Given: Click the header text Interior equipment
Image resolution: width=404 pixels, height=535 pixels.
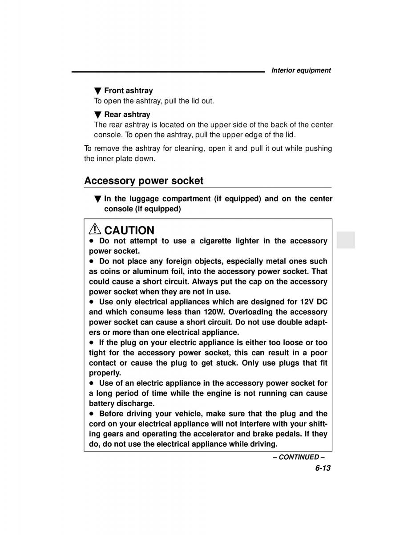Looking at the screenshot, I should pyautogui.click(x=301, y=70).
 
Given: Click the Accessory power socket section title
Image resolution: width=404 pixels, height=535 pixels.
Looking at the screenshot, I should pyautogui.click(x=144, y=181).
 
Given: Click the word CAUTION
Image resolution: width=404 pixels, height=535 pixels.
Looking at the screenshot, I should pyautogui.click(x=129, y=230).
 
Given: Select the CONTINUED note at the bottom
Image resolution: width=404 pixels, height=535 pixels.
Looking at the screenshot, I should pyautogui.click(x=299, y=457).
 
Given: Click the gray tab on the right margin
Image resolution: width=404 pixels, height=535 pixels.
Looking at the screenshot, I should pyautogui.click(x=346, y=240).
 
